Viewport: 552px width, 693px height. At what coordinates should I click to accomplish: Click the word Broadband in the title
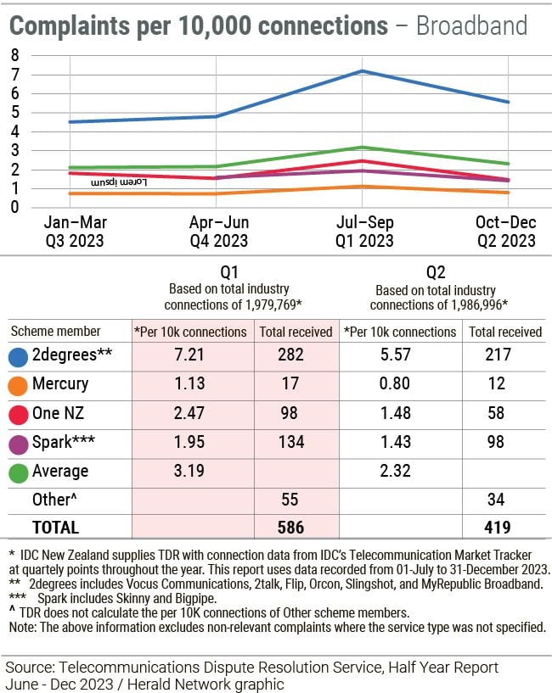tap(471, 25)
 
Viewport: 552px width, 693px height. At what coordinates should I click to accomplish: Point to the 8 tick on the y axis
tap(14, 55)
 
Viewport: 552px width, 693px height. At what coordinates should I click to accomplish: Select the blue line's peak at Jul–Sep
tap(362, 71)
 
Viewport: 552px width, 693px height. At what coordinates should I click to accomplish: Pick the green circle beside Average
tap(17, 471)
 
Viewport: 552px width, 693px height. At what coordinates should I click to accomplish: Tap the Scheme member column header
tap(55, 332)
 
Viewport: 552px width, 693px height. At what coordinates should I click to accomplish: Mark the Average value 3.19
tap(190, 471)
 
